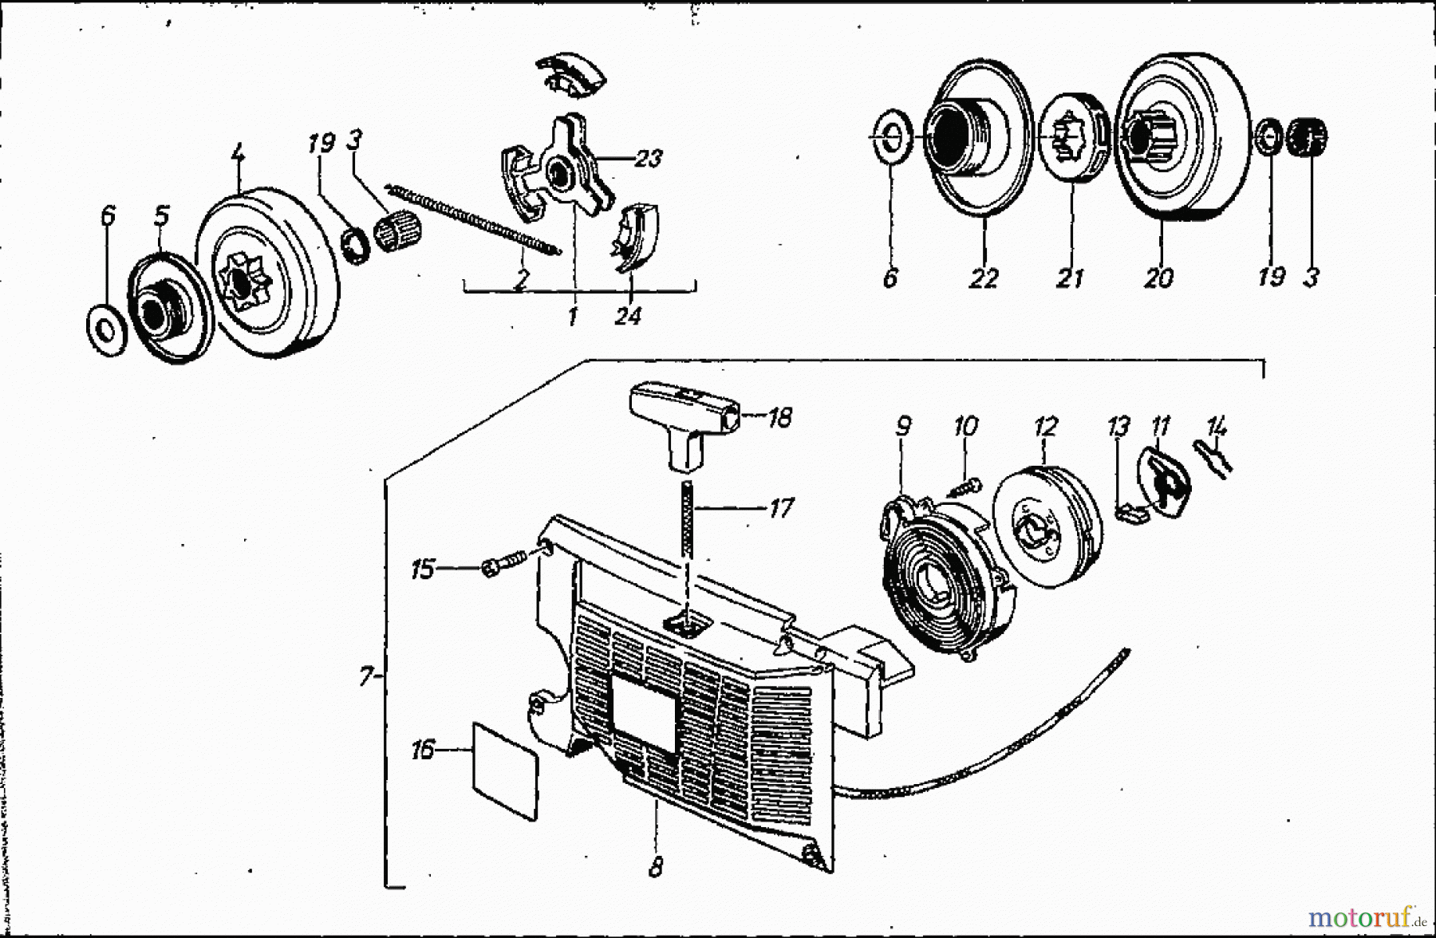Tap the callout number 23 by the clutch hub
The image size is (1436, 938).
[648, 159]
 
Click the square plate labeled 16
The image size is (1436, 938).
[505, 770]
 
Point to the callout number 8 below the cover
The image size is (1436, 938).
[655, 868]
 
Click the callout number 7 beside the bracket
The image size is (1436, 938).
[365, 678]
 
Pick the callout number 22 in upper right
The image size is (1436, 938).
[984, 278]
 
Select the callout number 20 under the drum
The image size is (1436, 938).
[1158, 278]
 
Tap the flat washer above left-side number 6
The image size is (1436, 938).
[105, 326]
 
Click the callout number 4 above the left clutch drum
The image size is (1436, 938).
[237, 153]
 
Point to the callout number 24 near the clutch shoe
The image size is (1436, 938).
[628, 317]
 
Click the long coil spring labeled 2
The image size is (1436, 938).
[475, 219]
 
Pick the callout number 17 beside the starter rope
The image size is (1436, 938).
[780, 507]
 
